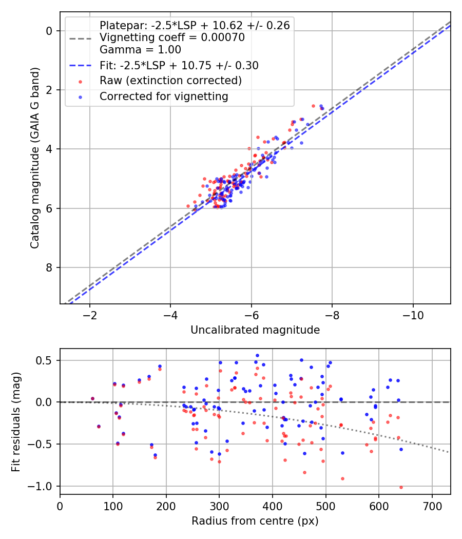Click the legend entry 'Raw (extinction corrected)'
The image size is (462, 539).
[170, 81]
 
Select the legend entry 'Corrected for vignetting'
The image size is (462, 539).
[164, 96]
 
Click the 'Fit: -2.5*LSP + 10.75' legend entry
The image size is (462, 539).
[179, 65]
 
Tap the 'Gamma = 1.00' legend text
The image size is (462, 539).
[140, 50]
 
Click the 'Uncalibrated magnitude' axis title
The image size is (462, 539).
[255, 330]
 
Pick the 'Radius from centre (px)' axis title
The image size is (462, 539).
[255, 521]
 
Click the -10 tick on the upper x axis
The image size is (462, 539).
[413, 314]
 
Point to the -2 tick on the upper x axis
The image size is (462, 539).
[90, 314]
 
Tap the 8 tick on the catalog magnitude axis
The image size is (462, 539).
[50, 267]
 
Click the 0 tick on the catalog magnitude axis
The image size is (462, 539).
[50, 31]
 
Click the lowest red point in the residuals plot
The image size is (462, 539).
[401, 487]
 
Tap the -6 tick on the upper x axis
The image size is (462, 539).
[252, 314]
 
